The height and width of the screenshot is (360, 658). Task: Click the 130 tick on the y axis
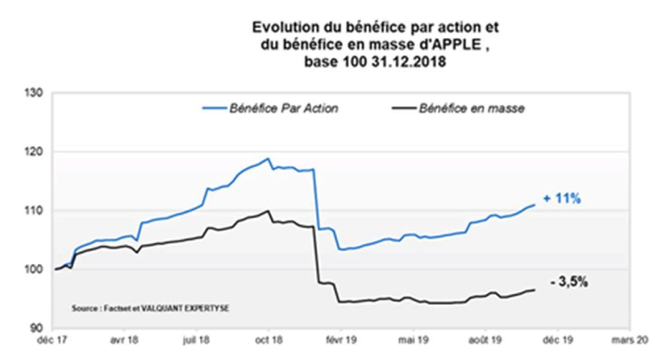[x=36, y=92]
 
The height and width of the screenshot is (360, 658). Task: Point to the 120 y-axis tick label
[x=36, y=151]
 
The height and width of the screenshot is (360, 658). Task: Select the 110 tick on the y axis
[x=36, y=210]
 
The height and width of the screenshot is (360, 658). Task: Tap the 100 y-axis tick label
[x=36, y=269]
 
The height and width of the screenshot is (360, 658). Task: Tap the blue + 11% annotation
[x=563, y=199]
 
